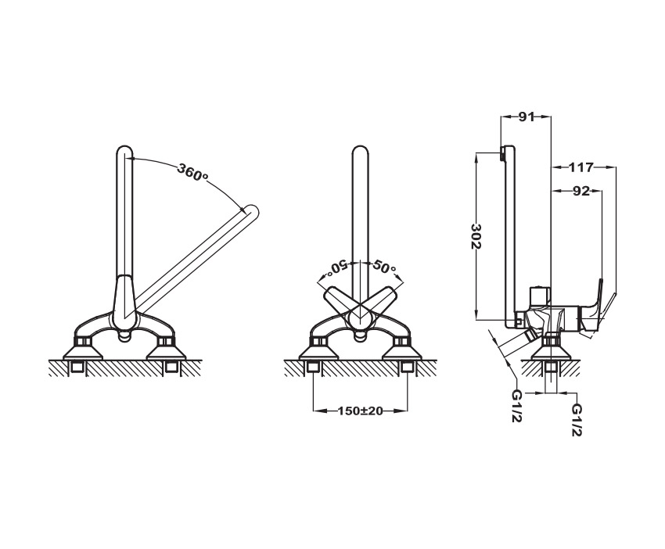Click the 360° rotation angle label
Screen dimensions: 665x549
[192, 172]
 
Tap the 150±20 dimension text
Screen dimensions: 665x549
[360, 411]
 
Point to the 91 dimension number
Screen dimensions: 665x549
[526, 117]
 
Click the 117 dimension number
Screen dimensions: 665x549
[581, 168]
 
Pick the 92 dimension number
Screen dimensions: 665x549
[581, 192]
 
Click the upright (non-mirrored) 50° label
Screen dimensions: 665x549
[384, 267]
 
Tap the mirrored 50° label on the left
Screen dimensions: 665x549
[336, 267]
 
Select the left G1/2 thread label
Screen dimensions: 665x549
[516, 406]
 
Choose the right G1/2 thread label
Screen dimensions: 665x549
[576, 420]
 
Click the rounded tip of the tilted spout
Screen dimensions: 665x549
[252, 212]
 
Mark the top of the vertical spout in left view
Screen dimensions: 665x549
[124, 152]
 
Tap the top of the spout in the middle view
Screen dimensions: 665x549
[360, 152]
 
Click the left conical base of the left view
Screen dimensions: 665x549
[82, 351]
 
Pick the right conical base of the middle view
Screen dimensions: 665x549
[402, 351]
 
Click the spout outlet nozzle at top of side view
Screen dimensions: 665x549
[502, 154]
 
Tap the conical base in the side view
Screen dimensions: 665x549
[551, 351]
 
